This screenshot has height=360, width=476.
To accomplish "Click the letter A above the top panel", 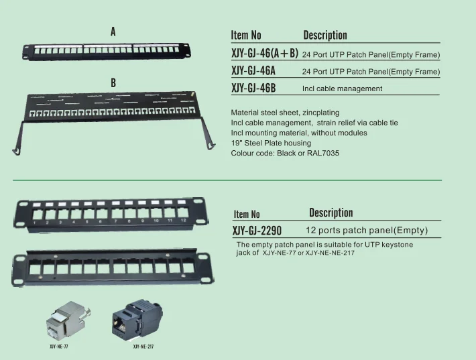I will coord(113,32).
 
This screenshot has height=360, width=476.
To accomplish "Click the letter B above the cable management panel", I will coord(113,82).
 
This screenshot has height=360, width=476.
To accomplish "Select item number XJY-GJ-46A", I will coord(253,70).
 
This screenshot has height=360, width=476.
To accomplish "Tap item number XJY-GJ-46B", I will coord(253,88).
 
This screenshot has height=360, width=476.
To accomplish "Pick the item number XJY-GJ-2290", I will coord(257,231).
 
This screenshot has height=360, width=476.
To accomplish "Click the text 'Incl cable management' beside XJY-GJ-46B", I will coord(342,88).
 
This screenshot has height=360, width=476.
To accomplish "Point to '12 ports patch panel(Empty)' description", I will coord(366,230).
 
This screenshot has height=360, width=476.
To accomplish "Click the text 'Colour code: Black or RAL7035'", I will coord(285,153).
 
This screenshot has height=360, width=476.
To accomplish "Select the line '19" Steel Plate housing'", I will coord(271,143).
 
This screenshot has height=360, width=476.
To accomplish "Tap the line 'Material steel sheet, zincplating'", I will coord(285,113).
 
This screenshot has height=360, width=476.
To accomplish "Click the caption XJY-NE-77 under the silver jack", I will coord(59,347).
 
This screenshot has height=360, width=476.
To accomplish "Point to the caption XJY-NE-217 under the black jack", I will coord(143,347).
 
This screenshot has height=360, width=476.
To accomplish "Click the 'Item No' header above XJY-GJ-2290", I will coord(247,215).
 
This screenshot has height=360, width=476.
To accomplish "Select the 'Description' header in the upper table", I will coord(325,35).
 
